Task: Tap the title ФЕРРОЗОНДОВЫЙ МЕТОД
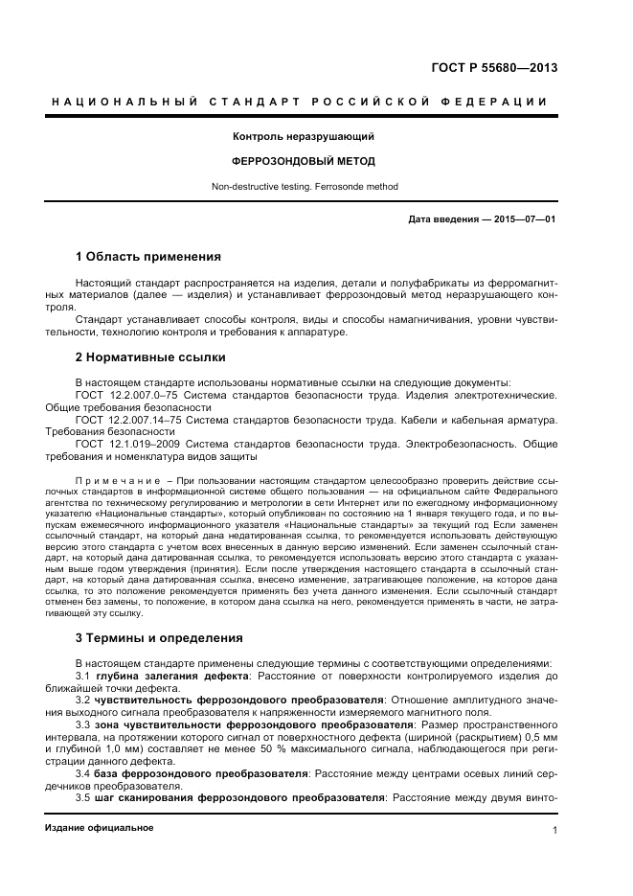click(x=302, y=161)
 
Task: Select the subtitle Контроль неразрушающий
click(x=302, y=137)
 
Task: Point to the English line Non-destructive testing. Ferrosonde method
click(x=302, y=187)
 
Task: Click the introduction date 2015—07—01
click(x=523, y=219)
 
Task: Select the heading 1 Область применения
click(x=148, y=257)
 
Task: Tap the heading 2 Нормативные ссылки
click(x=150, y=357)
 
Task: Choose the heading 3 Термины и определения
click(x=158, y=637)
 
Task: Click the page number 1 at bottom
click(x=554, y=831)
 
